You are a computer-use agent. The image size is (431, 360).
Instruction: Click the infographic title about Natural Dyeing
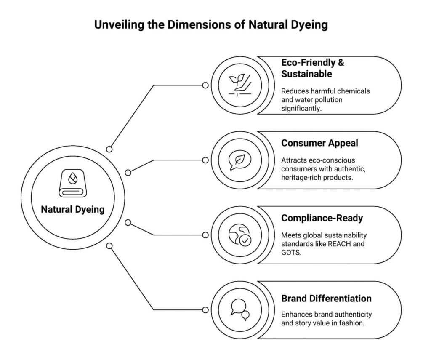210,24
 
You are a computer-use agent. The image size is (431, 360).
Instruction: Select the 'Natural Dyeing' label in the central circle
73,209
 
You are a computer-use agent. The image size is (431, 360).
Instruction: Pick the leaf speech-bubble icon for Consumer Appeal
239,160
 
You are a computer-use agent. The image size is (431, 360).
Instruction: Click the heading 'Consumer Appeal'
319,143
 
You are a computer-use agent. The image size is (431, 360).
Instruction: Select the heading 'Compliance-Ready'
322,218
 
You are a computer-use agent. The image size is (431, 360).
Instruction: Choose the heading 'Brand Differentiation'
326,299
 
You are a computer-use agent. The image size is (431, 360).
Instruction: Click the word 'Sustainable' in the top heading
306,74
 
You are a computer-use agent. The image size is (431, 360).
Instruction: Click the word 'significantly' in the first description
301,109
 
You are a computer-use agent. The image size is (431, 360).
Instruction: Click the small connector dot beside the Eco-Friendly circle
205,85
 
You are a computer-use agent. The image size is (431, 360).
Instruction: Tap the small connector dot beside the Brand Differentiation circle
205,310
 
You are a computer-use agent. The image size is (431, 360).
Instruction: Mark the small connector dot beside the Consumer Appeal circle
205,160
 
